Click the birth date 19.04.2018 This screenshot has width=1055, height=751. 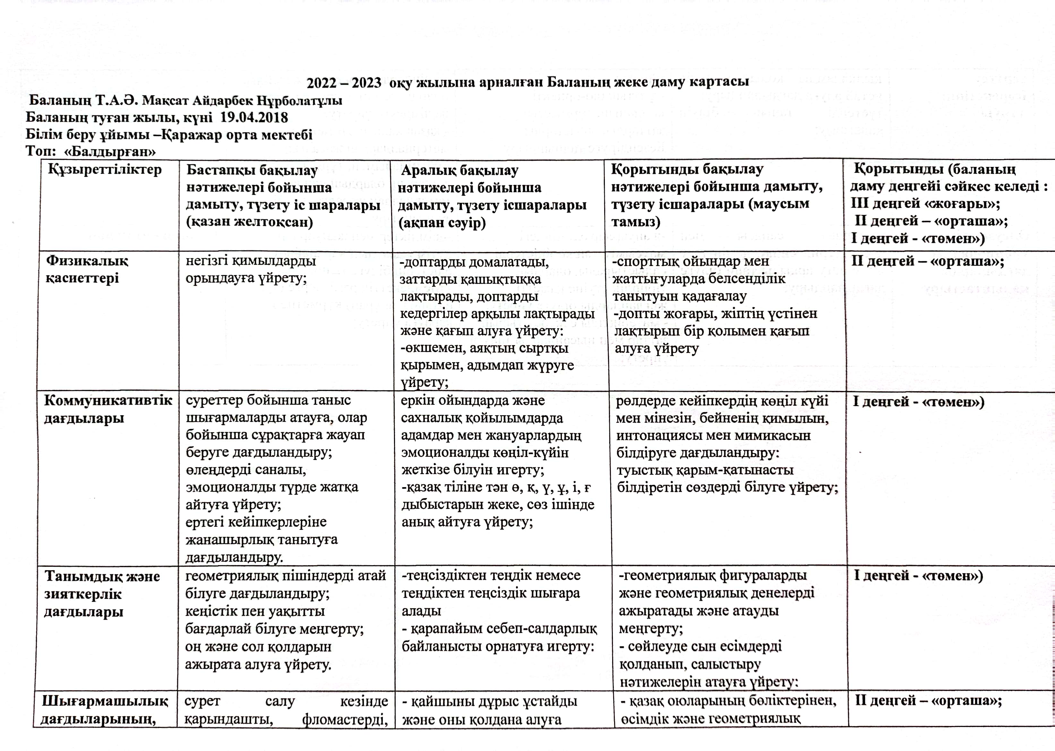(254, 117)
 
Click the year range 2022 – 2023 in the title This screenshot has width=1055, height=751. (344, 83)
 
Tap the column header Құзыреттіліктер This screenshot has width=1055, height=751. (105, 170)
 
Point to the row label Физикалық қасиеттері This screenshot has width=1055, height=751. (87, 269)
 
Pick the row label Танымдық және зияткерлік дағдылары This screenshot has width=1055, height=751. (102, 594)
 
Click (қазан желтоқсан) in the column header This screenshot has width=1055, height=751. (249, 222)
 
